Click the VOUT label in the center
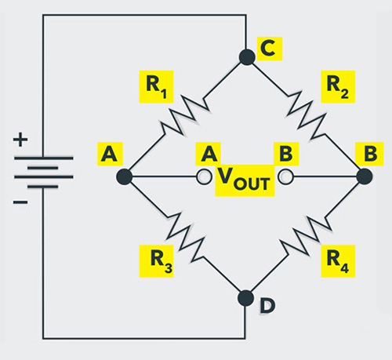[x=245, y=183]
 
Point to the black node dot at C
[x=245, y=56]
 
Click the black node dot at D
[x=245, y=298]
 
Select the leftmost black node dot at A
[x=124, y=177]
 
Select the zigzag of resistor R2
[x=305, y=116]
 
